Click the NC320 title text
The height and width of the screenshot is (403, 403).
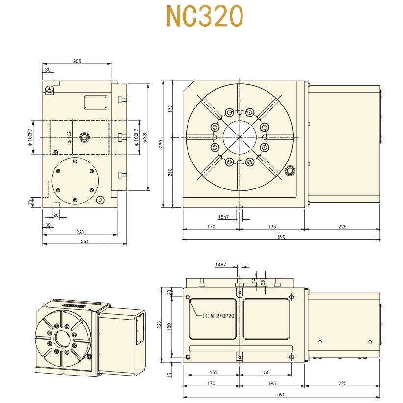[204, 17]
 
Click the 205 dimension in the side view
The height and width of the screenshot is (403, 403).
[77, 61]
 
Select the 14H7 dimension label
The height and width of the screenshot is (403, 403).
[220, 265]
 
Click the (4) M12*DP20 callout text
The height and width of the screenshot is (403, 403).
[218, 316]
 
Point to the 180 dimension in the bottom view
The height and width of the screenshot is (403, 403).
[170, 326]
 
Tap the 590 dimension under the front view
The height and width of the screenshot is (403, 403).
[281, 237]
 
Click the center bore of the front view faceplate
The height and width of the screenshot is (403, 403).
[239, 137]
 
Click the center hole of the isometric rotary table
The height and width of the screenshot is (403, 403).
[62, 339]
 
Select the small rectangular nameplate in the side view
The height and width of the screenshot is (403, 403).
[96, 103]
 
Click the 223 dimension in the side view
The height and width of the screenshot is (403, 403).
[80, 232]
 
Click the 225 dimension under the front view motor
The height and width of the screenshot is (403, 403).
[342, 227]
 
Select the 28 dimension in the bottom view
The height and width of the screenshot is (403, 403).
[170, 292]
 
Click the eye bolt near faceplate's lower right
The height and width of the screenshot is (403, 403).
[290, 171]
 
